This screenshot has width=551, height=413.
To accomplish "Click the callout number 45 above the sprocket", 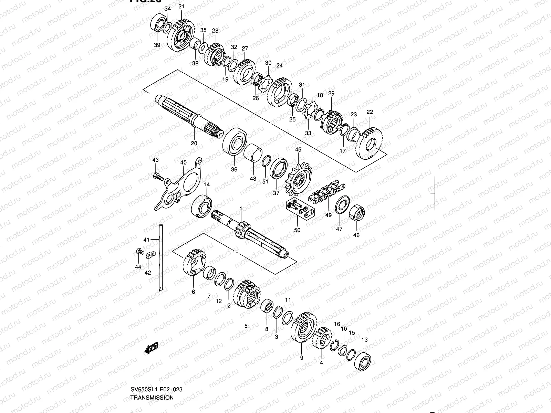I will click(x=298, y=149).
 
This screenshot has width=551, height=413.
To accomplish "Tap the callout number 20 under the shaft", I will click(x=194, y=143).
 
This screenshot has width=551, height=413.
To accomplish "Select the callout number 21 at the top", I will click(x=181, y=7).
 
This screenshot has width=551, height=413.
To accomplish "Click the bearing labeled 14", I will click(x=202, y=206).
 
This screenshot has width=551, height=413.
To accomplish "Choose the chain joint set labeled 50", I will click(x=300, y=210).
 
